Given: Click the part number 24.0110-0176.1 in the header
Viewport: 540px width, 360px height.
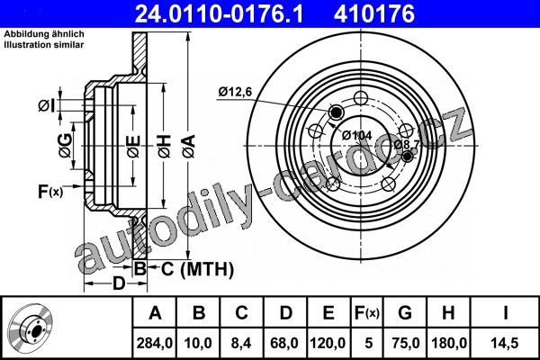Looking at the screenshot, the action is [219, 14].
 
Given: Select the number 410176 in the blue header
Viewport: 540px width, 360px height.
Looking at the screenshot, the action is [374, 14].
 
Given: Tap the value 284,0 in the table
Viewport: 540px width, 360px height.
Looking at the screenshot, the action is [155, 343].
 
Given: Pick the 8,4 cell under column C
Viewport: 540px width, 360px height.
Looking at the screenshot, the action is [241, 343].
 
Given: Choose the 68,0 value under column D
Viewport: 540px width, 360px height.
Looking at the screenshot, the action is [284, 343].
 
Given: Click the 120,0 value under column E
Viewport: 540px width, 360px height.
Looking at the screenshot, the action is [328, 343].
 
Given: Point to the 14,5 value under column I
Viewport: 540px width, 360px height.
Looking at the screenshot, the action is [505, 343].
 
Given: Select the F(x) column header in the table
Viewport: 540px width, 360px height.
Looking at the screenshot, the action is [367, 313].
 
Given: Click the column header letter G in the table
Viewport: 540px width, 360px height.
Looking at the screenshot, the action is [405, 313].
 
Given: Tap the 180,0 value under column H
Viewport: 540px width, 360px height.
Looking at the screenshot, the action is [449, 343].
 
